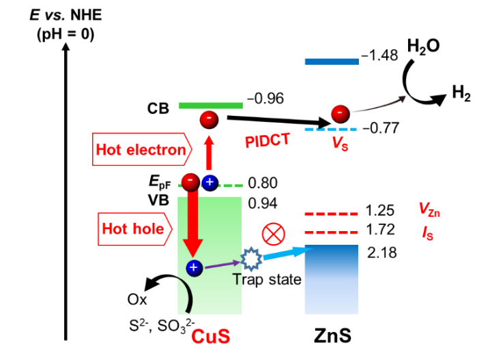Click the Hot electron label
point(141,149)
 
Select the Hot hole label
point(134,229)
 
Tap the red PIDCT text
point(267,140)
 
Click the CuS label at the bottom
point(211,337)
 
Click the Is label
point(428,232)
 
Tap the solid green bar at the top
point(211,106)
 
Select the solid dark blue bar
point(332,61)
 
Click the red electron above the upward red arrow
point(209,119)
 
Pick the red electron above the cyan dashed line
point(340,113)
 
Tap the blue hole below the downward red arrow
point(194,268)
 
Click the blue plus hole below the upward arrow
point(209,182)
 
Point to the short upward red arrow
point(209,153)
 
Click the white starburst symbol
point(251,259)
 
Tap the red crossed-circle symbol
point(274,234)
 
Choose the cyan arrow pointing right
point(287,253)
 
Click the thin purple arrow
point(222,264)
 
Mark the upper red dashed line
point(332,214)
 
